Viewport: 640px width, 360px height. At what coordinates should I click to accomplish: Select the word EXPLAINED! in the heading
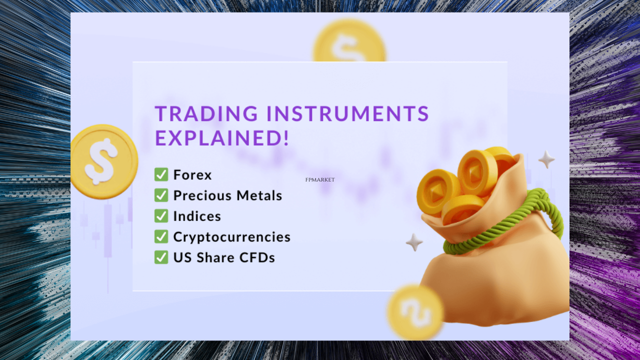tap(222, 138)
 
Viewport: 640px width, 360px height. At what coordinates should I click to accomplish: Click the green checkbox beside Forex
tap(161, 174)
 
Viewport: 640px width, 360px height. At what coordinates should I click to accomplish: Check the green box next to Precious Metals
tap(161, 195)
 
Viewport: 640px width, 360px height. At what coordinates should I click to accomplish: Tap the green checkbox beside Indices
tap(161, 216)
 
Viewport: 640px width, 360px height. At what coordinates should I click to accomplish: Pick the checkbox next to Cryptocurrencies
tap(161, 236)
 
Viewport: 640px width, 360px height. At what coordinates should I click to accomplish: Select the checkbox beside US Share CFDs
tap(161, 257)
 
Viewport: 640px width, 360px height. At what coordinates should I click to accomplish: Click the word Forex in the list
tap(192, 175)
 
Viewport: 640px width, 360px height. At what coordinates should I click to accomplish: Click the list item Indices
tap(197, 216)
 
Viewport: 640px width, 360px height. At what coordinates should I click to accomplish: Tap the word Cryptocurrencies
tap(231, 237)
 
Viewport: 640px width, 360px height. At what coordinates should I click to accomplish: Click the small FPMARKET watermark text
tap(320, 179)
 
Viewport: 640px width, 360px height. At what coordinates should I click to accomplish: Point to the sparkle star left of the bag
tap(414, 242)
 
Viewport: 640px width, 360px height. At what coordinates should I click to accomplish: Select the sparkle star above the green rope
tap(546, 159)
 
